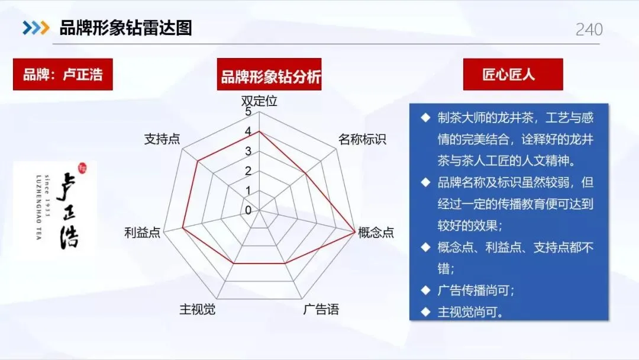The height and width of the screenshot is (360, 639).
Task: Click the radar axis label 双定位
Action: pyautogui.click(x=259, y=101)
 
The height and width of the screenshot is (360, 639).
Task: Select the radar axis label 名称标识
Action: pyautogui.click(x=362, y=140)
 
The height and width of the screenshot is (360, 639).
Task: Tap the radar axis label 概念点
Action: pyautogui.click(x=376, y=233)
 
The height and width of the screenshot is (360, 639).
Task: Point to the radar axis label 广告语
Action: pyautogui.click(x=321, y=309)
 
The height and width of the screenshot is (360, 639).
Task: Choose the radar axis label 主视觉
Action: pyautogui.click(x=197, y=309)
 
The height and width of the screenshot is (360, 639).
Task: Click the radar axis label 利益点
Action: pyautogui.click(x=142, y=233)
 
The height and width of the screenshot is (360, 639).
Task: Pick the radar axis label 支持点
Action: pyautogui.click(x=162, y=139)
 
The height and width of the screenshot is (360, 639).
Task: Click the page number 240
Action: pyautogui.click(x=589, y=30)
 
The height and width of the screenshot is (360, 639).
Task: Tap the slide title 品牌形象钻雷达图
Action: pyautogui.click(x=126, y=28)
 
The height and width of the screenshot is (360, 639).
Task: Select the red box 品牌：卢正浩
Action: pyautogui.click(x=63, y=75)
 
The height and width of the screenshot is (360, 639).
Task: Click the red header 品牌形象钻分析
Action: pyautogui.click(x=269, y=77)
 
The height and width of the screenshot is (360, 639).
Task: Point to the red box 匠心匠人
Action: pyautogui.click(x=509, y=75)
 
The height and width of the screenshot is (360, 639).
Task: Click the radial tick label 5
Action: pyautogui.click(x=248, y=112)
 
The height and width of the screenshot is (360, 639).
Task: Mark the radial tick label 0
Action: pyautogui.click(x=248, y=210)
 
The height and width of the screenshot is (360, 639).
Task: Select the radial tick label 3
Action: pyautogui.click(x=248, y=151)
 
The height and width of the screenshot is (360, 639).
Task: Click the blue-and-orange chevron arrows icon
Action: pyautogui.click(x=36, y=28)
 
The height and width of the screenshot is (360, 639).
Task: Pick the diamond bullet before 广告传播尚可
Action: pyautogui.click(x=425, y=290)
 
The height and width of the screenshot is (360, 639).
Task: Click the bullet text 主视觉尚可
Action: pyautogui.click(x=470, y=312)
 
